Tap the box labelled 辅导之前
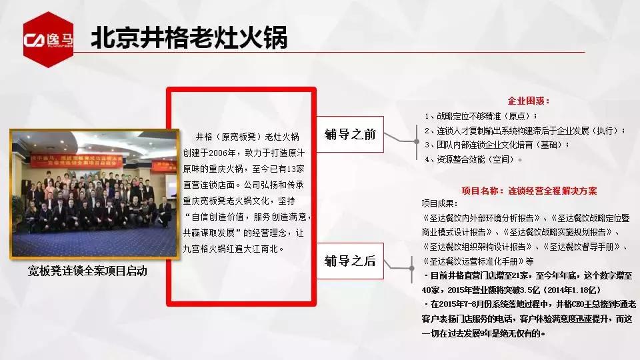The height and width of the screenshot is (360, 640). pos(350,134)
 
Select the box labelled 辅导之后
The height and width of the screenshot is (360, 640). pos(350,260)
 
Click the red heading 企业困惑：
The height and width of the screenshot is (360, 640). pos(529,101)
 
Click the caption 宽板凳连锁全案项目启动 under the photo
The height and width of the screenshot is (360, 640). pos(87,271)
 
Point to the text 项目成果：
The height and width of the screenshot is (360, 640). pos(440,203)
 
